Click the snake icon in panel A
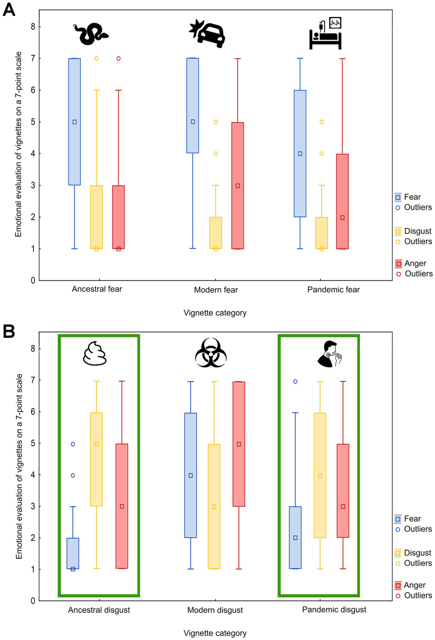coord(90,34)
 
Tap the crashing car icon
coord(207,34)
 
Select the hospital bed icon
coord(325,34)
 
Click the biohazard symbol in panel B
coord(211,353)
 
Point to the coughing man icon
coord(329,354)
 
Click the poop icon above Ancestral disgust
coord(95,354)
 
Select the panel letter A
coord(9,10)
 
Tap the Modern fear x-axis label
coord(216,290)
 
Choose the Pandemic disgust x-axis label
coord(334,609)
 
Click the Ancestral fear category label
coord(97,289)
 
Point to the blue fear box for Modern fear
coord(193,106)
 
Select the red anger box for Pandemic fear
coord(342,201)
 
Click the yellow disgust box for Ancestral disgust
coord(96,459)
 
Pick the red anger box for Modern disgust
coord(239,444)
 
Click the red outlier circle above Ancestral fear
coord(118,58)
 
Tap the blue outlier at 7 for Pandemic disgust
coord(295,381)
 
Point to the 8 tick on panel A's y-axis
coord(33,27)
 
